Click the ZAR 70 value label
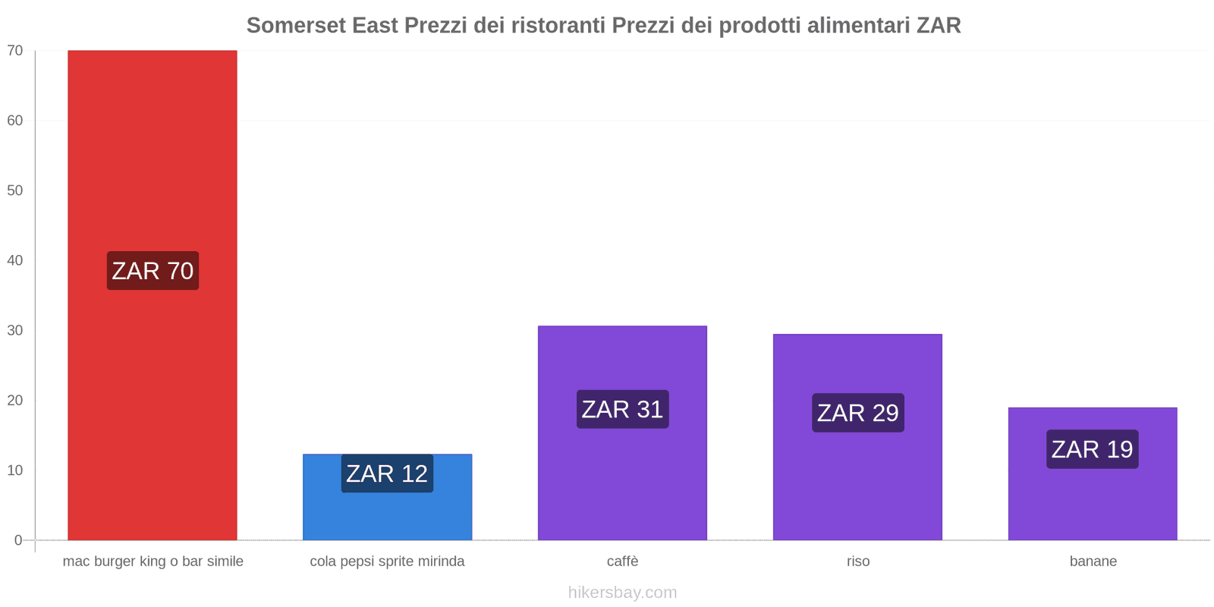pyautogui.click(x=153, y=271)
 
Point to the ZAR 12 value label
pyautogui.click(x=387, y=473)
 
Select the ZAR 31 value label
pyautogui.click(x=622, y=410)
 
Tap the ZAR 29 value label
pyautogui.click(x=857, y=413)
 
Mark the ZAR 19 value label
pyautogui.click(x=1092, y=449)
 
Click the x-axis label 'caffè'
pyautogui.click(x=622, y=561)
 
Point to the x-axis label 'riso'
pyautogui.click(x=858, y=561)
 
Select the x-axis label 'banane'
pyautogui.click(x=1093, y=561)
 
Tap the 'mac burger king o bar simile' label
pyautogui.click(x=153, y=561)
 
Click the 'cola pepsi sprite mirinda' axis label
pyautogui.click(x=387, y=561)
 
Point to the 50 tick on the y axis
pyautogui.click(x=15, y=190)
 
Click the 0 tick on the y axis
pyautogui.click(x=18, y=540)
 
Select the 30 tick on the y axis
pyautogui.click(x=15, y=330)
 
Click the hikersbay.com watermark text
pyautogui.click(x=622, y=593)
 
